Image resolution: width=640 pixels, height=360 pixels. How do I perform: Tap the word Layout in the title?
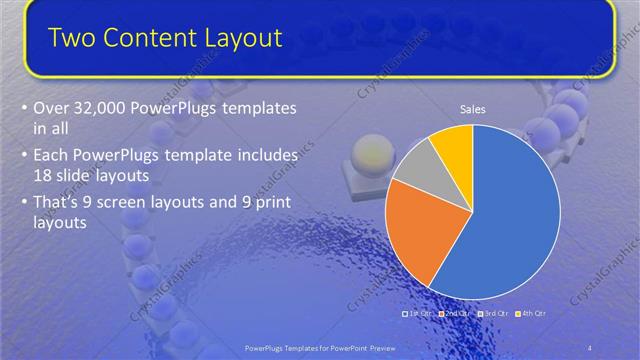[244, 38]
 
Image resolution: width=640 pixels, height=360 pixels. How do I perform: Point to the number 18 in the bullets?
[45, 174]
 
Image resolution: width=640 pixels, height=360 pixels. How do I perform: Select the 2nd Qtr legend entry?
[455, 313]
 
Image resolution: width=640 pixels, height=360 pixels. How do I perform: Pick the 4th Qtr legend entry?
[531, 313]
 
